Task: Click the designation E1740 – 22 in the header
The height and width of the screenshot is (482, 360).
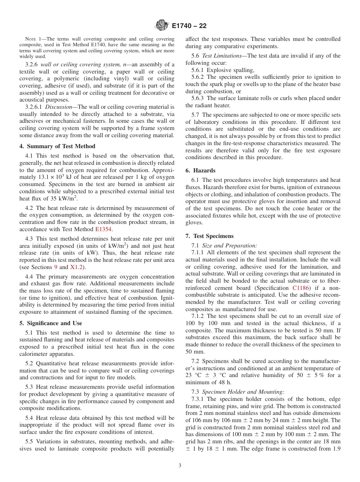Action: point(189,26)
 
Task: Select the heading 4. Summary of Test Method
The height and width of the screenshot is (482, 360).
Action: point(57,146)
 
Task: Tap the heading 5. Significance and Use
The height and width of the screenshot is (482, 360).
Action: point(50,323)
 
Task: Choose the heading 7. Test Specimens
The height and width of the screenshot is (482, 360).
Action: point(210,236)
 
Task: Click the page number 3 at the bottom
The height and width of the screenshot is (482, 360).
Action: point(180,466)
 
